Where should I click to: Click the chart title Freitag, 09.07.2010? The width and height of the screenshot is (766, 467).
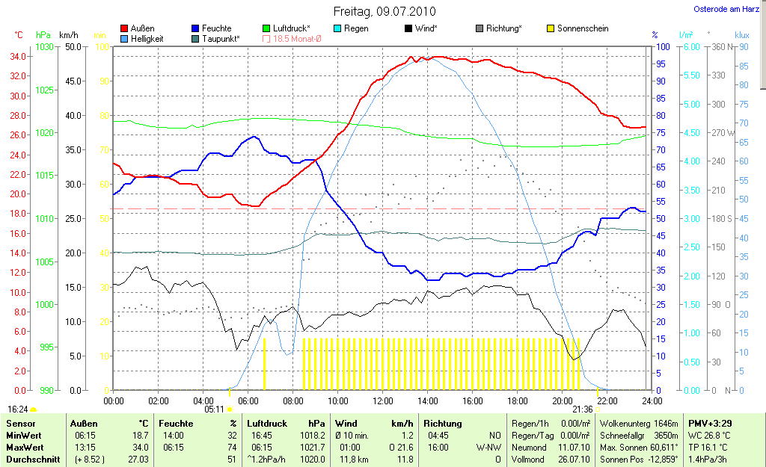coord(384,12)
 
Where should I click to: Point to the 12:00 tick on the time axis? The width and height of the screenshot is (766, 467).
coord(383,400)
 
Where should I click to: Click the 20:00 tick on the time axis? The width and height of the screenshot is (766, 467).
coord(563,400)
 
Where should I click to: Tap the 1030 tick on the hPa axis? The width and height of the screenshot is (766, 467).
coord(45,46)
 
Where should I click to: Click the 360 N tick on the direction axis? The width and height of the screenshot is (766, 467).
coord(717,46)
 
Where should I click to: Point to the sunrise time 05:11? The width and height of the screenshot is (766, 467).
coord(215,409)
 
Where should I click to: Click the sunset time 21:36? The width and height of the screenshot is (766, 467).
coord(582,409)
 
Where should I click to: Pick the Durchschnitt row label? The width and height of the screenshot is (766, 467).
coord(31,460)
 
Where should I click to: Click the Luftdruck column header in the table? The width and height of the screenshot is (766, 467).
coord(268,423)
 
